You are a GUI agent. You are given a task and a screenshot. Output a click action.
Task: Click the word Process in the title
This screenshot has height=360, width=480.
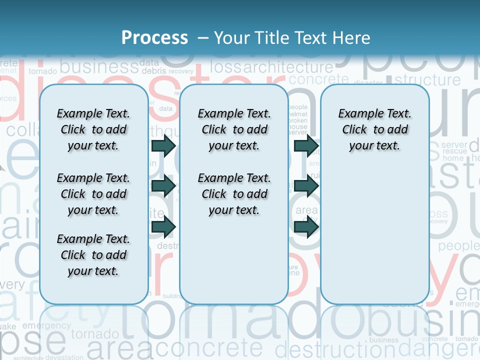pyautogui.click(x=154, y=38)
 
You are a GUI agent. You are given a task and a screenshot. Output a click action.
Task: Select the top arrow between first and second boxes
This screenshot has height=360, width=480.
pyautogui.click(x=163, y=145)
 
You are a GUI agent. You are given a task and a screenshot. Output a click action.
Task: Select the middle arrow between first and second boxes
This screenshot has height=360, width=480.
pyautogui.click(x=163, y=186)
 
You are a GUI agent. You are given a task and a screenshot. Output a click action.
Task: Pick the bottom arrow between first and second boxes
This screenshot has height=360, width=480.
pyautogui.click(x=163, y=227)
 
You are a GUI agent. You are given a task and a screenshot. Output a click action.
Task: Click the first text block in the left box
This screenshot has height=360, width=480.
pyautogui.click(x=93, y=129)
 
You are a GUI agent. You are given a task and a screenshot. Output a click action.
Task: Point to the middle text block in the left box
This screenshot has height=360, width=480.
pyautogui.click(x=93, y=194)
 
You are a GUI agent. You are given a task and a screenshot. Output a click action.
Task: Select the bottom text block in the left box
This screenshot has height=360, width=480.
pyautogui.click(x=93, y=255)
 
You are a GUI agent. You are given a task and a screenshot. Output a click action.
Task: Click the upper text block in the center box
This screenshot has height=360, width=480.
pyautogui.click(x=234, y=129)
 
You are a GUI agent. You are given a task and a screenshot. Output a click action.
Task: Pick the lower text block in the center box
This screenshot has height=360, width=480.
pyautogui.click(x=234, y=194)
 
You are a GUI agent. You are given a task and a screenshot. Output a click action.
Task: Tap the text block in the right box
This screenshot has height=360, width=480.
pyautogui.click(x=374, y=129)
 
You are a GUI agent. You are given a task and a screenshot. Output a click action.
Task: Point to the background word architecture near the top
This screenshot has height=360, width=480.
pyautogui.click(x=288, y=67)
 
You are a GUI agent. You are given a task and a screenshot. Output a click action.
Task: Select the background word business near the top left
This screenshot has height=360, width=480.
pyautogui.click(x=98, y=66)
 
